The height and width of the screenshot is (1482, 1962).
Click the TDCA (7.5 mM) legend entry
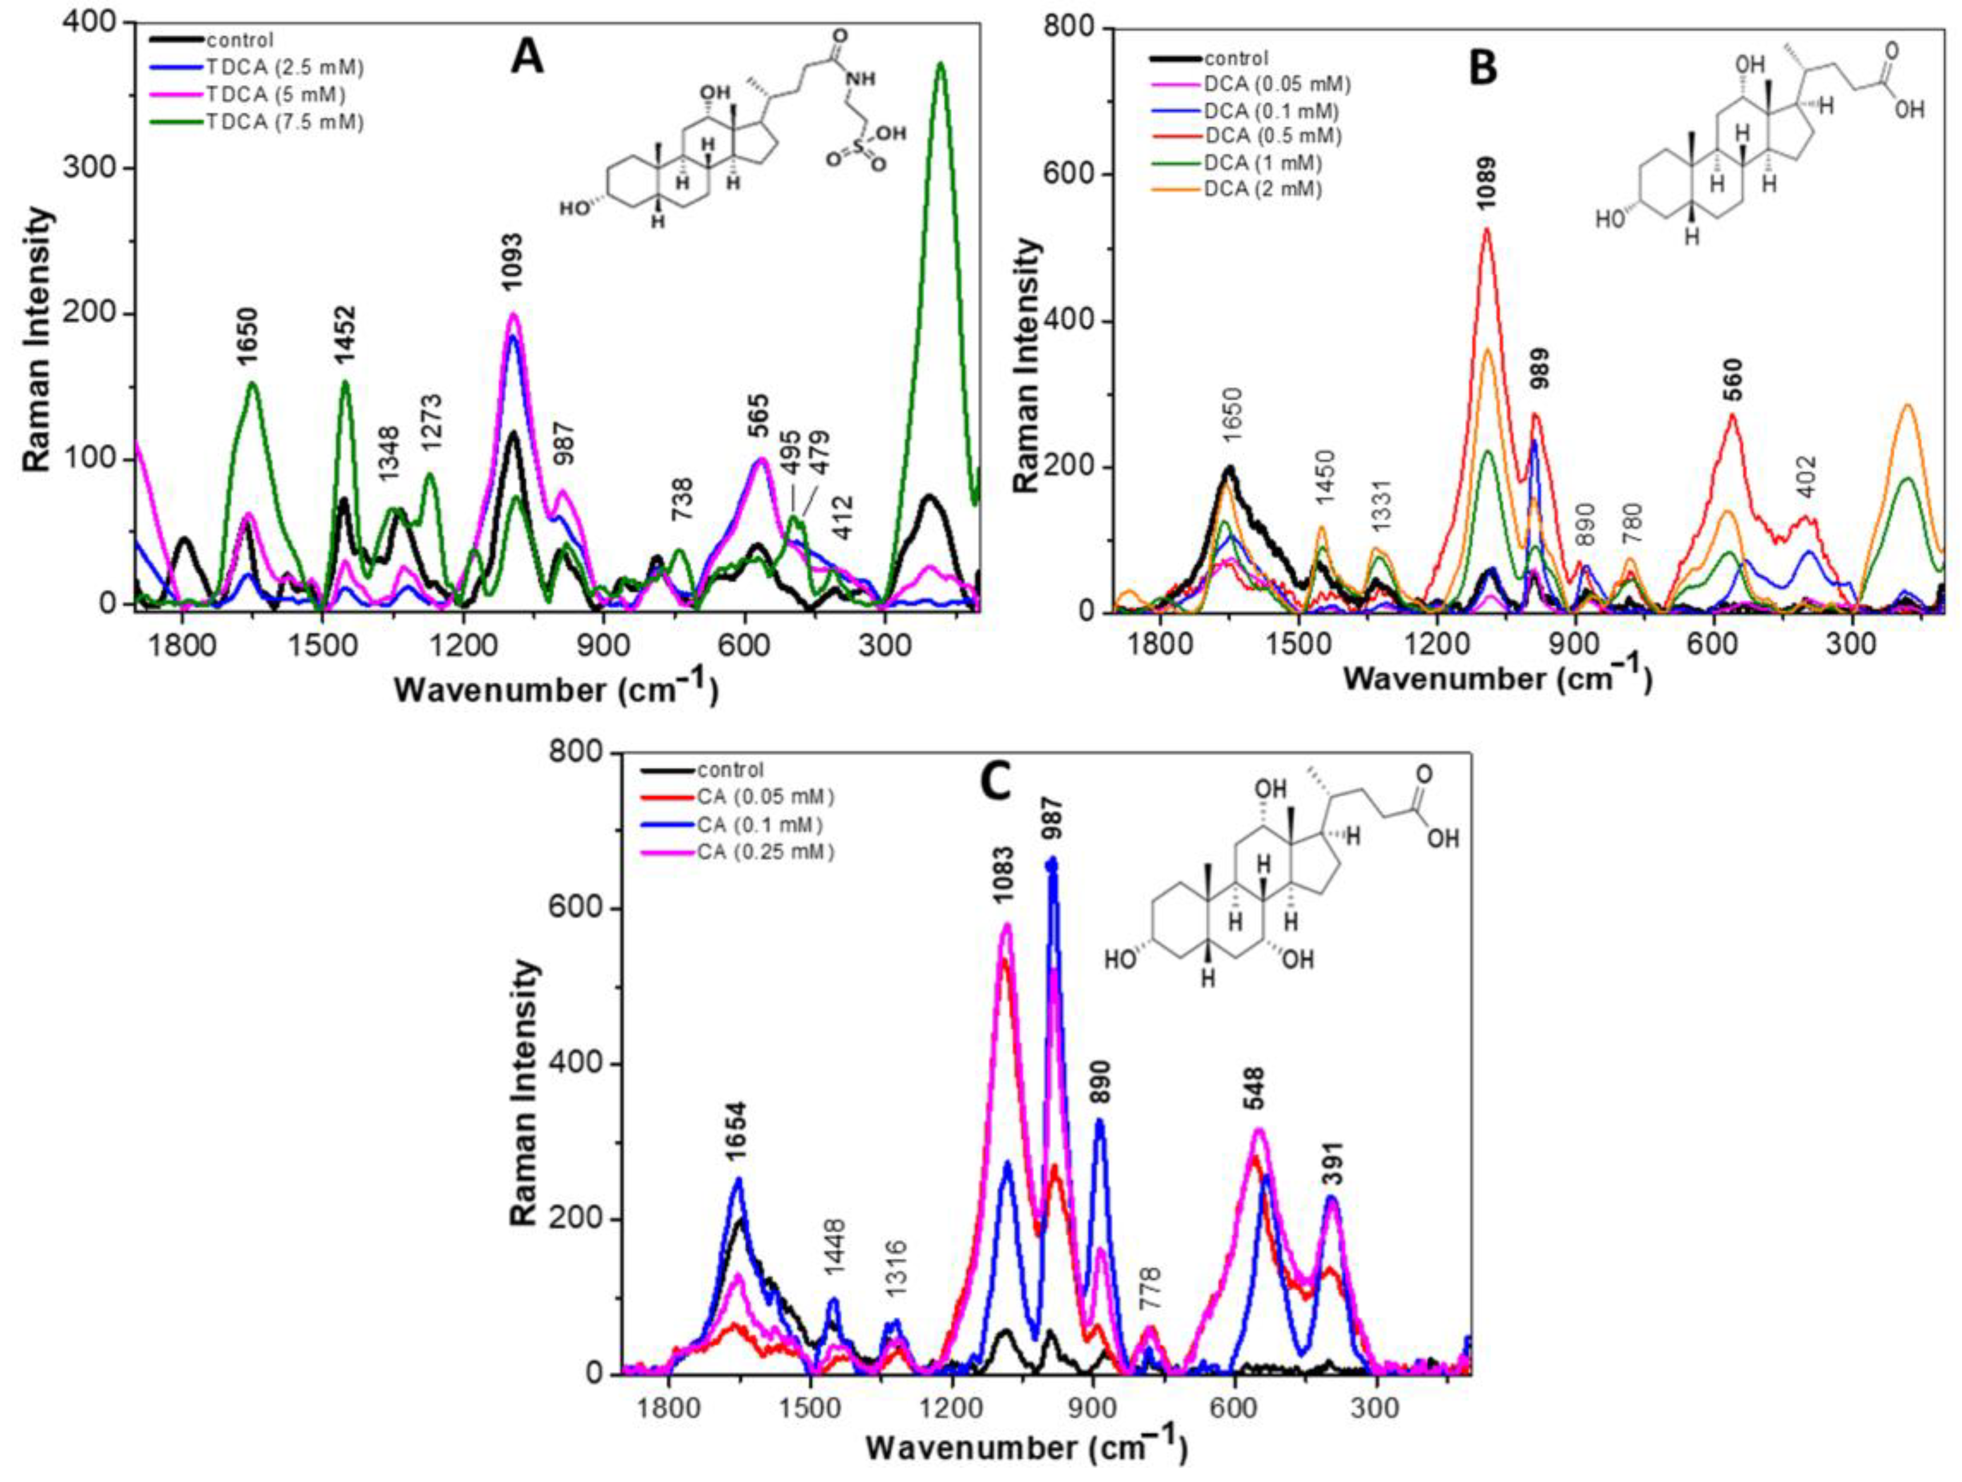(x=284, y=122)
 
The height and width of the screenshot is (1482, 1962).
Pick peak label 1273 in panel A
(x=432, y=424)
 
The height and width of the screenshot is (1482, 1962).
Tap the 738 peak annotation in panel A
(x=682, y=500)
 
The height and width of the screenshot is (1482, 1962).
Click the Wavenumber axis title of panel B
(x=1497, y=678)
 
